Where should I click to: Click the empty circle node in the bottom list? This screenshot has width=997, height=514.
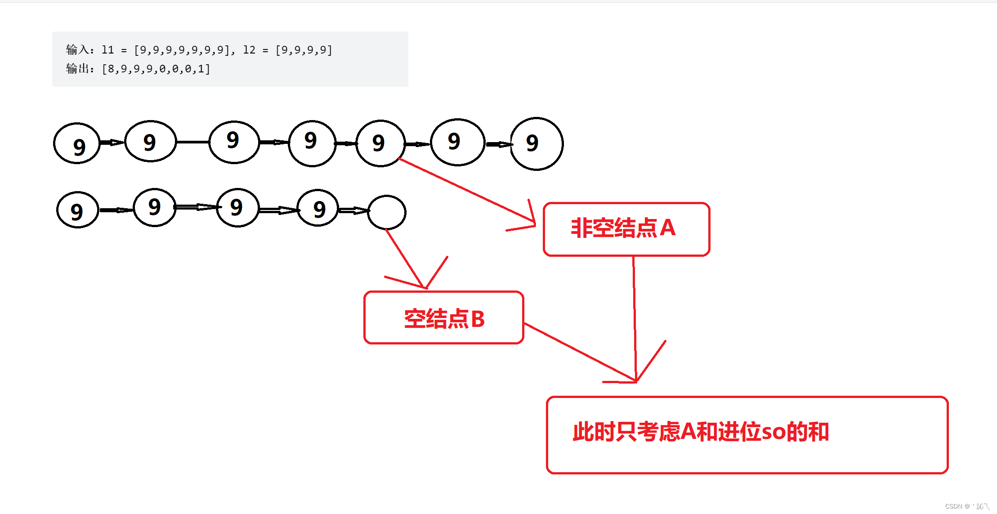click(x=387, y=212)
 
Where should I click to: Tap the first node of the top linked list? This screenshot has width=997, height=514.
click(x=77, y=143)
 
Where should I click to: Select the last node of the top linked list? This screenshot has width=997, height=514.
click(x=537, y=144)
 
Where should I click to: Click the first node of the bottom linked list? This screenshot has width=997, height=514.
click(x=77, y=210)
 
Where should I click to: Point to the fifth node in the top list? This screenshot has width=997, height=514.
click(x=380, y=143)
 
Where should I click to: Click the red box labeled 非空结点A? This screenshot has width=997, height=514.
click(x=626, y=229)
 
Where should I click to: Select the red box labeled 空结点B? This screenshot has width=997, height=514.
click(x=443, y=317)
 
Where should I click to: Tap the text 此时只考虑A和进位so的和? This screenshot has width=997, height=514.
click(x=700, y=432)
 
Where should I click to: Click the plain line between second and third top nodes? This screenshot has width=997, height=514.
click(x=192, y=142)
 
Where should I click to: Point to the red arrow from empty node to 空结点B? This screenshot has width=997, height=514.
click(x=405, y=259)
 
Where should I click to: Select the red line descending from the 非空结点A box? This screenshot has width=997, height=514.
click(x=635, y=315)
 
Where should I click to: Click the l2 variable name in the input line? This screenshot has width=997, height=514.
click(x=249, y=49)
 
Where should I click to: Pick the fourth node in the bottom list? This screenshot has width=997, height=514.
click(x=318, y=208)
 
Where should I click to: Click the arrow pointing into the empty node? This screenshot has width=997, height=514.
click(x=353, y=210)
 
